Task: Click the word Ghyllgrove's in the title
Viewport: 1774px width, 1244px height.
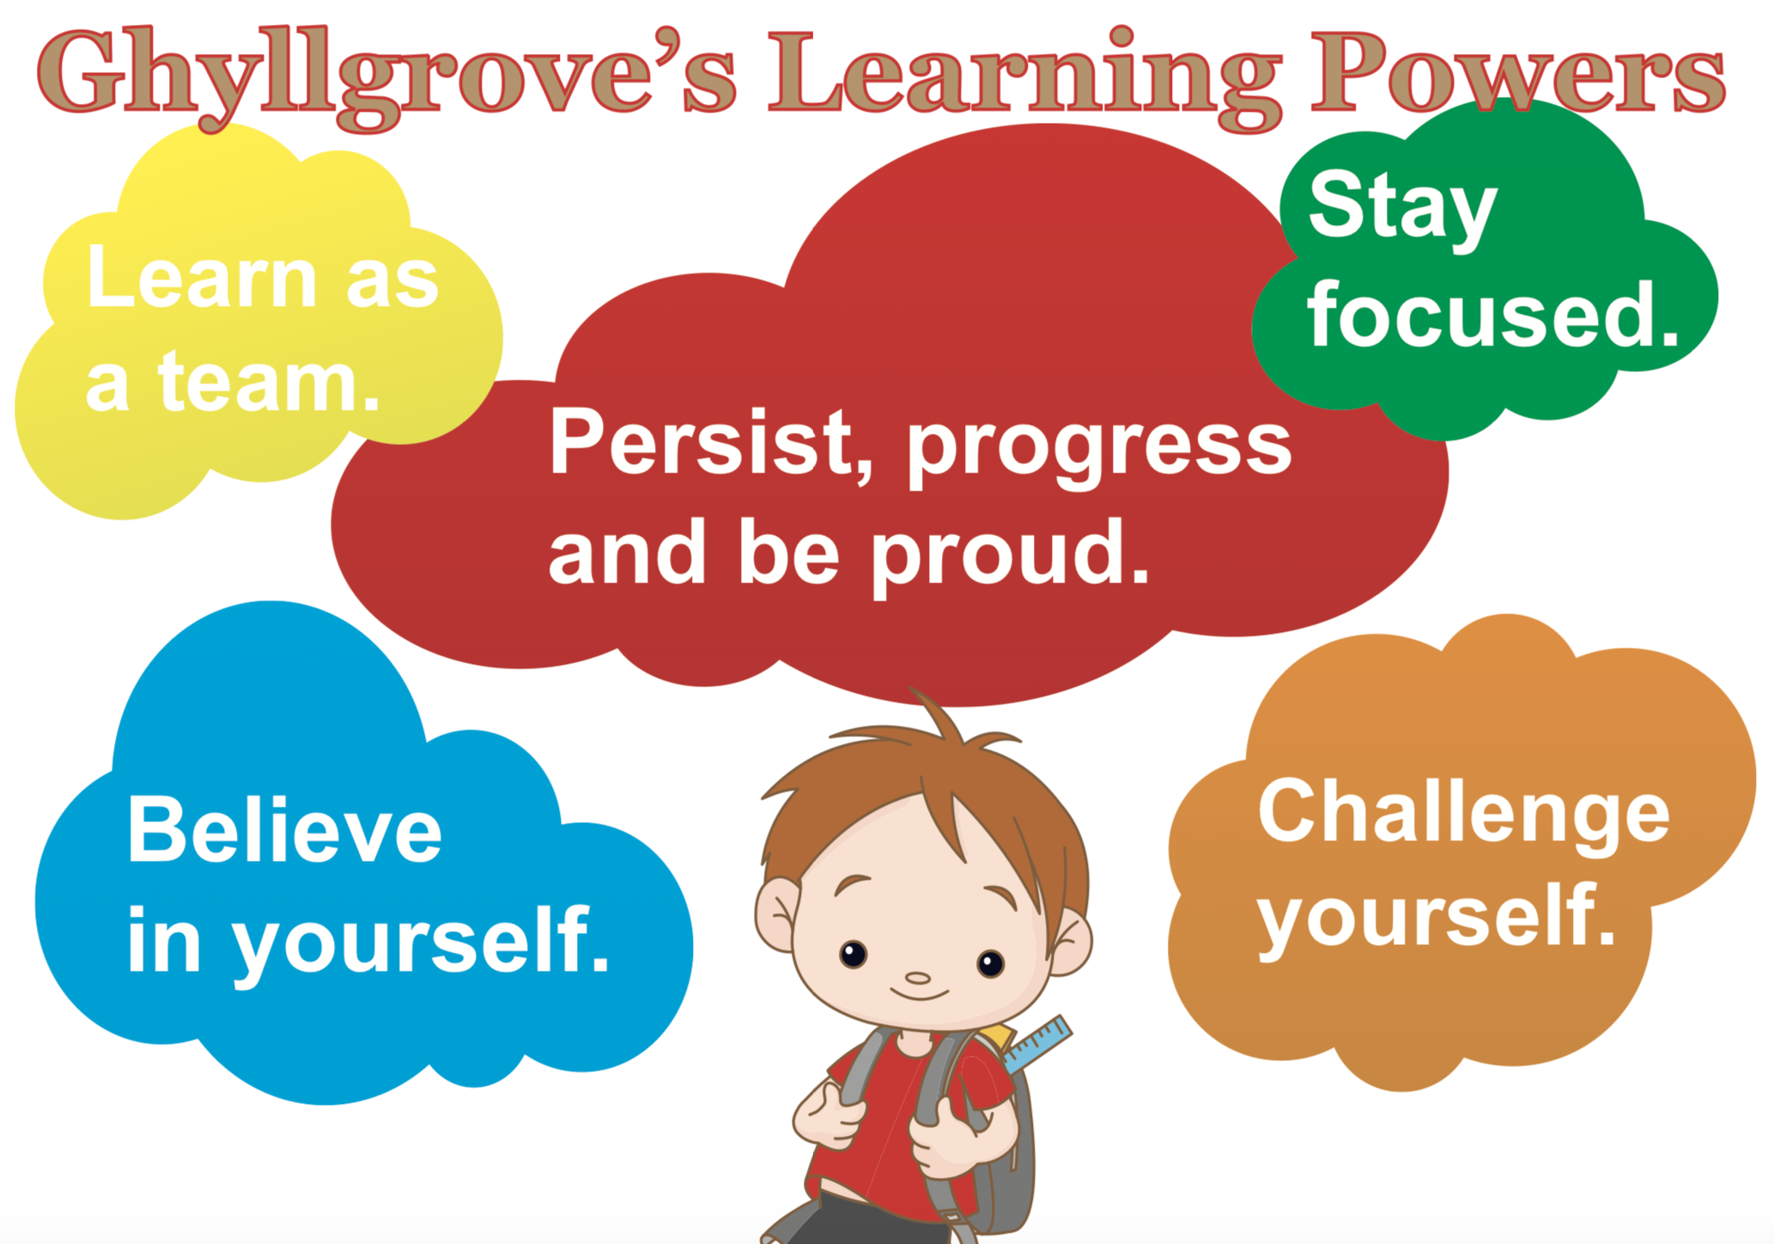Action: click(x=386, y=77)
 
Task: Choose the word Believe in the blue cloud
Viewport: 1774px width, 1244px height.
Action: click(x=284, y=829)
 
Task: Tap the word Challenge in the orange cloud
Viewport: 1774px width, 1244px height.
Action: click(x=1464, y=814)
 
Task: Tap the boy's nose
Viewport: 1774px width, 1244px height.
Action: click(x=918, y=978)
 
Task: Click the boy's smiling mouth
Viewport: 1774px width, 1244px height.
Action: click(x=919, y=996)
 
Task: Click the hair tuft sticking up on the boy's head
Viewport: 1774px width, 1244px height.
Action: click(x=940, y=717)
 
